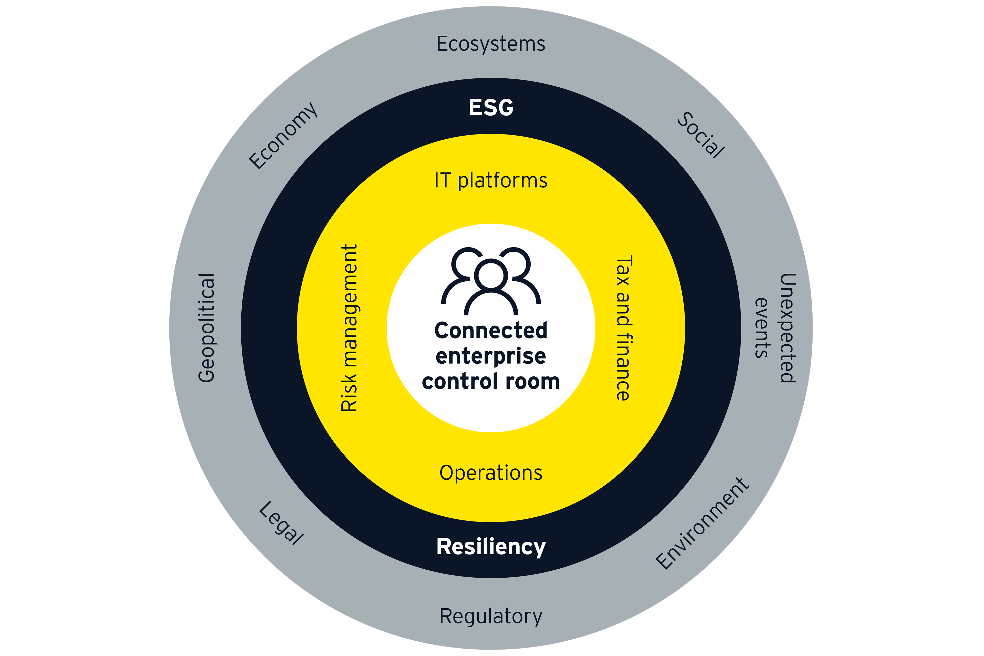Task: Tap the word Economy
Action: (283, 136)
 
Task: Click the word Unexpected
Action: (788, 328)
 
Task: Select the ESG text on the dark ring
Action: (491, 108)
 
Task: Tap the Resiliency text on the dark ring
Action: (491, 547)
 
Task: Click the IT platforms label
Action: (491, 180)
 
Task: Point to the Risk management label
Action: (349, 328)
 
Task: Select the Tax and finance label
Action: (623, 328)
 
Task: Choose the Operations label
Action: (491, 473)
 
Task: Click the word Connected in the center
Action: (491, 331)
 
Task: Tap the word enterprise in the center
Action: (491, 356)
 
